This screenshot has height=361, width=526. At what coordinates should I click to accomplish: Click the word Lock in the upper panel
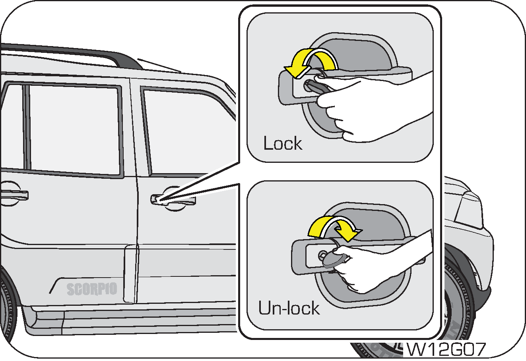283,143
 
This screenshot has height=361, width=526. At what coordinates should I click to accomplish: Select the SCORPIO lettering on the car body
92,289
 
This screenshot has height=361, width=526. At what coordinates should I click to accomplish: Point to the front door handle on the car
173,200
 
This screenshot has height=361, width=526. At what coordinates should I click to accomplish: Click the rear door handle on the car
14,195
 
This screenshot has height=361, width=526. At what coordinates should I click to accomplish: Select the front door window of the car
188,131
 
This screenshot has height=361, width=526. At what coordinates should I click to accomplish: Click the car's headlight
468,211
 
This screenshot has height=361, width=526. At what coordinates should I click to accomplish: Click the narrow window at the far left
13,127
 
